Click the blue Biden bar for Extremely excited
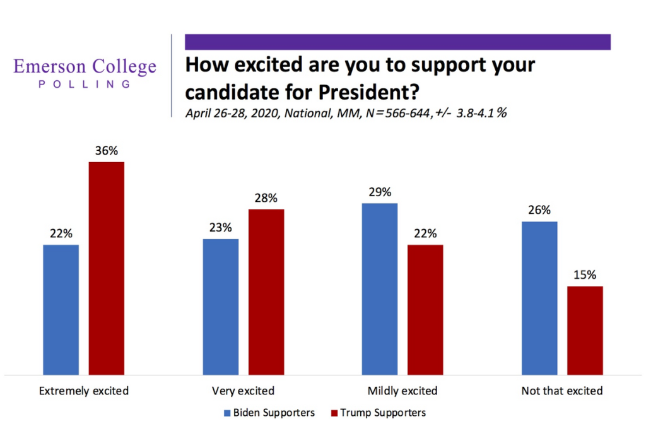coord(61,309)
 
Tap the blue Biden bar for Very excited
coord(221,307)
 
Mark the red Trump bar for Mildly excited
coord(425,309)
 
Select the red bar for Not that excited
coord(585,330)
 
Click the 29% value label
coord(380,192)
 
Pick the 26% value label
coord(539,210)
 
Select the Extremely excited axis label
coord(84,391)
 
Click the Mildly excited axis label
coord(403,391)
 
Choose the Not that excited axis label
coord(562,391)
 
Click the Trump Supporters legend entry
coord(378,413)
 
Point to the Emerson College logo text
coord(85,67)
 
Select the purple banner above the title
coord(397,42)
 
